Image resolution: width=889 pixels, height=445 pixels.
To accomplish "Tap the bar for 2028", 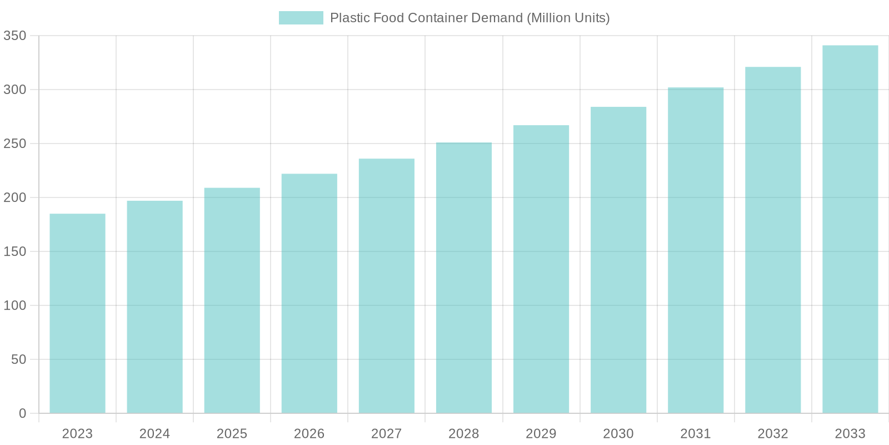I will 464,278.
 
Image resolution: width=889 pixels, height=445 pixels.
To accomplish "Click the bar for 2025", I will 232,300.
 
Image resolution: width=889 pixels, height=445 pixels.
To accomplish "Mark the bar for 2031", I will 696,250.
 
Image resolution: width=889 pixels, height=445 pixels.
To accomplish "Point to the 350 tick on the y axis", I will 14,36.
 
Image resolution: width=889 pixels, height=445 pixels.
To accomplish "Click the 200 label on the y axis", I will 14,197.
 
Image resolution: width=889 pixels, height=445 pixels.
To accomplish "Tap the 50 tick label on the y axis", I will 18,359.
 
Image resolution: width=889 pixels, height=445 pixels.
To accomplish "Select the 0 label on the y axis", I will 22,413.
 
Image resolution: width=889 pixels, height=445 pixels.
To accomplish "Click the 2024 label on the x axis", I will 154,433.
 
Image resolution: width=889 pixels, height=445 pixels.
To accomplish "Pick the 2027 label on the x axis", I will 386,433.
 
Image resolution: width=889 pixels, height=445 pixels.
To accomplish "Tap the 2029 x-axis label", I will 541,433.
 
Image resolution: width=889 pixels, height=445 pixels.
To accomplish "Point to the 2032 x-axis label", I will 773,433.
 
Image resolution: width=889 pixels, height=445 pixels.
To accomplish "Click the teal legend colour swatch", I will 301,18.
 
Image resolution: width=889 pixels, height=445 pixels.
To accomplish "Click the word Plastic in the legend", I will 349,18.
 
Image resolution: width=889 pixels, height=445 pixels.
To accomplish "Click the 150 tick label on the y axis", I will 14,251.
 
